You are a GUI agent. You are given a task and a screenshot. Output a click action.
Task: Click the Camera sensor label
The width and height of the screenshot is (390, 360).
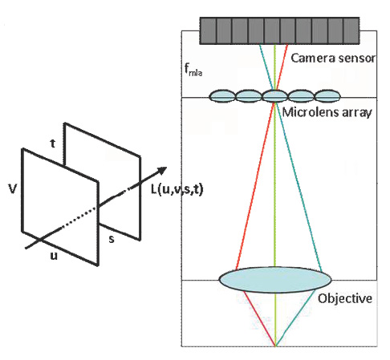click(x=333, y=58)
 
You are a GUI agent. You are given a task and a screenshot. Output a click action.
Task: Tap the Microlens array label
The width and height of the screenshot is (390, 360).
click(x=327, y=112)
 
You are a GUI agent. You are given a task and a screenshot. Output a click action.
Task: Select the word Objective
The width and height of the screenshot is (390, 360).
click(x=345, y=298)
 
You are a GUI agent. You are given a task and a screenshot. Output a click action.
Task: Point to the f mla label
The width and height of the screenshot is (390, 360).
click(x=193, y=70)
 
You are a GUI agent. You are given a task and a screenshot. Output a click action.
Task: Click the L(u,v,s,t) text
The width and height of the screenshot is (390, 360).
click(x=177, y=189)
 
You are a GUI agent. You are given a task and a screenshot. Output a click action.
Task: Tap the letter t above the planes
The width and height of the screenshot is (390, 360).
click(x=53, y=144)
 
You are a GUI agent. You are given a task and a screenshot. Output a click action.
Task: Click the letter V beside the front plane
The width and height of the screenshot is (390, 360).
click(x=13, y=189)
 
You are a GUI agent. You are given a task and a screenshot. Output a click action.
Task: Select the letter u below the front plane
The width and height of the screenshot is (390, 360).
click(x=54, y=256)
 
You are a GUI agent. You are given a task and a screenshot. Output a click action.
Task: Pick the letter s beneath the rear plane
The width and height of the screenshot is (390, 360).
click(x=112, y=239)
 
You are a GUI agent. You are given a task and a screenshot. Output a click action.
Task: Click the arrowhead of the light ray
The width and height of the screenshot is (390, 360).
click(x=162, y=170)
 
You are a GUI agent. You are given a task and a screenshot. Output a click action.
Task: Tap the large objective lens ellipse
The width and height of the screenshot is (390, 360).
click(x=275, y=280)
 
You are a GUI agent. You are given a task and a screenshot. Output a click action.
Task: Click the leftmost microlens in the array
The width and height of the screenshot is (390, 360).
click(x=221, y=96)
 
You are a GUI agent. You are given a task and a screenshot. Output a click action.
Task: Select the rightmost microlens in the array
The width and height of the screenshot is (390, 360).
click(x=327, y=96)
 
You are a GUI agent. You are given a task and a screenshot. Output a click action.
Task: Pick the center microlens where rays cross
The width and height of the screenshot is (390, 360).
click(x=274, y=96)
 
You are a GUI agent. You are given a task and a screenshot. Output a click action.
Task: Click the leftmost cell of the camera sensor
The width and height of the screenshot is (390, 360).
click(x=208, y=30)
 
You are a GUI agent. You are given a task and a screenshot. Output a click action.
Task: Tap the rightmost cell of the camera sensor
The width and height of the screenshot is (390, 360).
click(x=351, y=30)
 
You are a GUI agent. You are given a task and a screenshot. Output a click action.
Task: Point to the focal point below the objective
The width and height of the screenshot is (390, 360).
click(x=275, y=346)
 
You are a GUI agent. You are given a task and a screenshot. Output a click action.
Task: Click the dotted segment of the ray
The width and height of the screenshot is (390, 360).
click(x=79, y=218)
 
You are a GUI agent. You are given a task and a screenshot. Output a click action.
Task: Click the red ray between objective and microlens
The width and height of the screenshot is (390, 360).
click(x=255, y=186)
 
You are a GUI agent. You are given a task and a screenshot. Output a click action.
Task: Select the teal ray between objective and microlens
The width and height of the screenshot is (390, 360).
click(x=299, y=186)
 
